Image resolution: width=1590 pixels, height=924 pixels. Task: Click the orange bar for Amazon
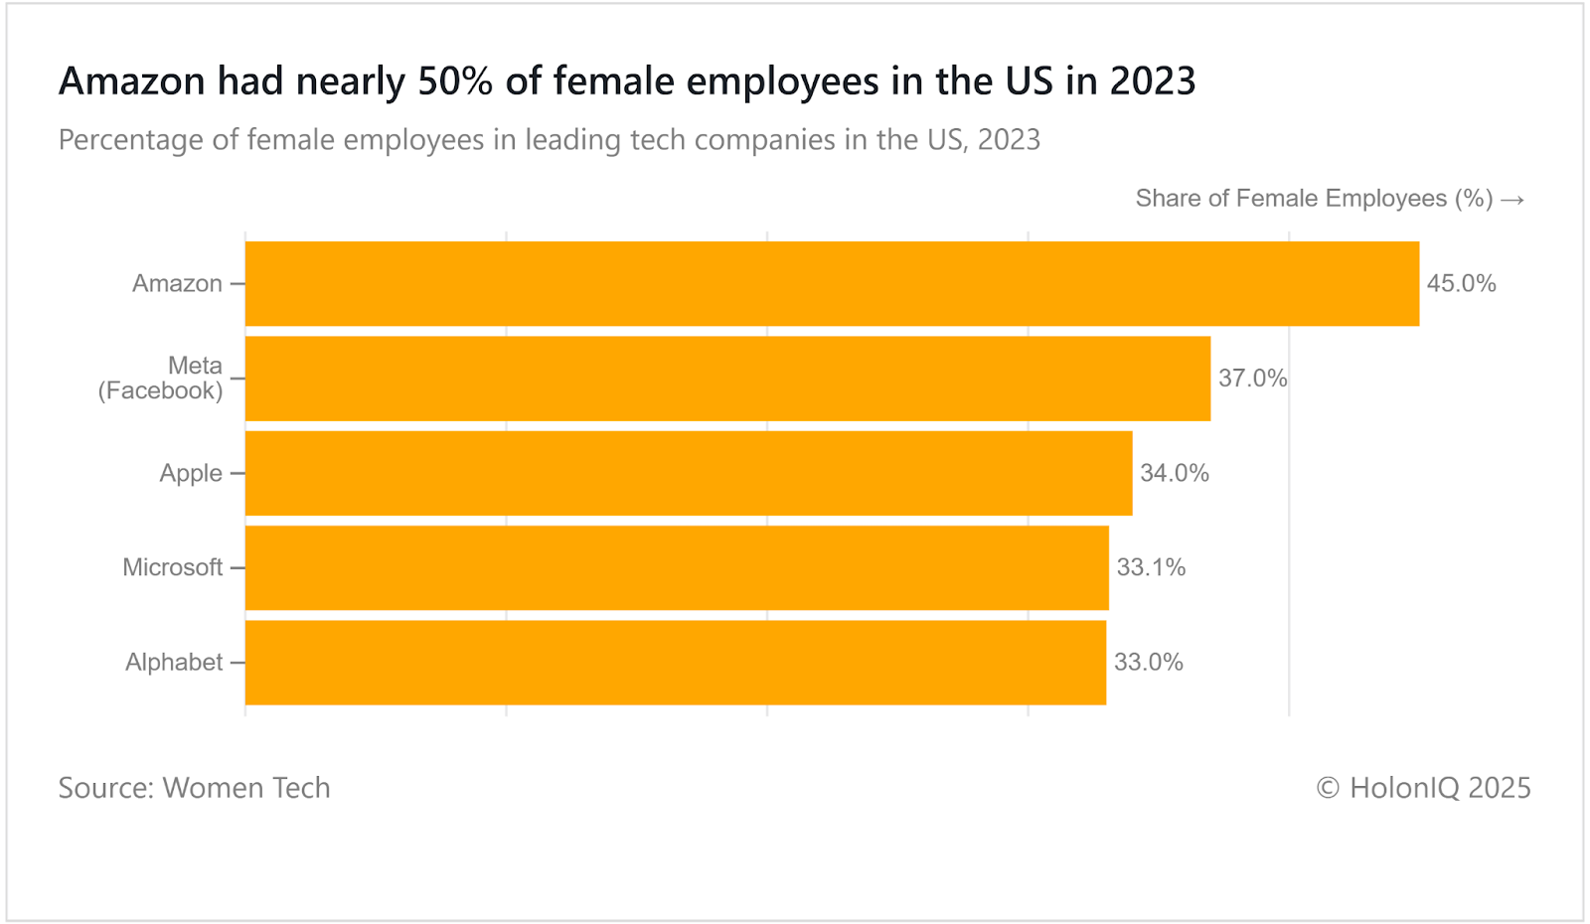pyautogui.click(x=832, y=283)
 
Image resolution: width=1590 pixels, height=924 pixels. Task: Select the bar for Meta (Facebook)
pyautogui.click(x=727, y=379)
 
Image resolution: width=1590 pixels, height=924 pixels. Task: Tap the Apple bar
pyautogui.click(x=689, y=473)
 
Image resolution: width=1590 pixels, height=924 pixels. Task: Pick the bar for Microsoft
pyautogui.click(x=677, y=567)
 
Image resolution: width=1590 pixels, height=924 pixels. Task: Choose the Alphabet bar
pyautogui.click(x=676, y=663)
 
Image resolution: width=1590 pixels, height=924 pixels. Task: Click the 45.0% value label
pyautogui.click(x=1461, y=283)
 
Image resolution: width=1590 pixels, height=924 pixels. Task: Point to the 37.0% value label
pyautogui.click(x=1252, y=379)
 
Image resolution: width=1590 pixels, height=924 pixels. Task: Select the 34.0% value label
pyautogui.click(x=1174, y=473)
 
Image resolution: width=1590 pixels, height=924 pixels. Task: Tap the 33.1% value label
pyautogui.click(x=1151, y=567)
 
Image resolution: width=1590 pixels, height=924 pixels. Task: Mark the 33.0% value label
pyautogui.click(x=1148, y=663)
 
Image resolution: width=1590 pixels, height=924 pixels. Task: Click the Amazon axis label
pyautogui.click(x=177, y=283)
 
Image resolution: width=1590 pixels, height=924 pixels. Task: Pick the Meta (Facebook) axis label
pyautogui.click(x=161, y=379)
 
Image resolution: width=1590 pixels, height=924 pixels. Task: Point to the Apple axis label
pyautogui.click(x=191, y=473)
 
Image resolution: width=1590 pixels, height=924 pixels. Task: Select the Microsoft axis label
pyautogui.click(x=172, y=567)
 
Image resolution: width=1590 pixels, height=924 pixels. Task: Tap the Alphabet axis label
pyautogui.click(x=174, y=663)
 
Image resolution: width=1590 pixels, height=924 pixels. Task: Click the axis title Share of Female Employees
pyautogui.click(x=1314, y=199)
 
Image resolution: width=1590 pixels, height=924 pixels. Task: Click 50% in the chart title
pyautogui.click(x=455, y=81)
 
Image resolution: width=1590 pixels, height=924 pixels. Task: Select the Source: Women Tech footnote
pyautogui.click(x=194, y=788)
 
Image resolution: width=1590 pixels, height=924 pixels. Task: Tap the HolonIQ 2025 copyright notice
pyautogui.click(x=1423, y=788)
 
